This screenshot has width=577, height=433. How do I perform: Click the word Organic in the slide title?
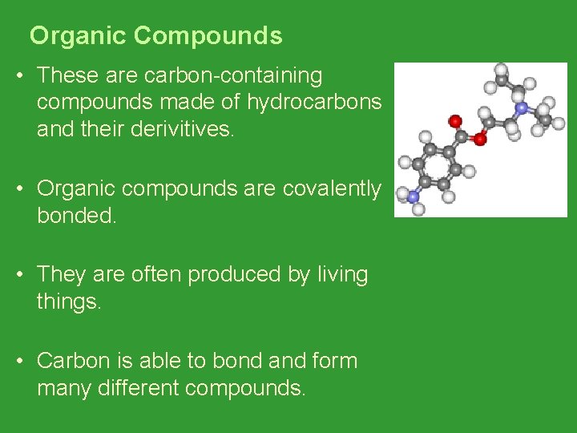[x=79, y=36]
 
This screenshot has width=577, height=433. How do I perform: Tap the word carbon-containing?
[x=233, y=76]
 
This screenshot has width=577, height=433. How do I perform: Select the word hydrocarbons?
[x=314, y=103]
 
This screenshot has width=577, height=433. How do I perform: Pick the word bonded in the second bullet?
[x=76, y=216]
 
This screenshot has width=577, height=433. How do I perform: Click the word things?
[x=69, y=301]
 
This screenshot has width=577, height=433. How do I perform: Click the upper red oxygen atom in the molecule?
[x=455, y=121]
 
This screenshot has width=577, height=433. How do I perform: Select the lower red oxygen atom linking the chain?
[x=480, y=139]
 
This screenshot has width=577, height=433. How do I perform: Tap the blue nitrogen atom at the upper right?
[x=522, y=107]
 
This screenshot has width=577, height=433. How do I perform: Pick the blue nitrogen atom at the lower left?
[x=414, y=196]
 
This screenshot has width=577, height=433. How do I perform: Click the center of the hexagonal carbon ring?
[x=438, y=168]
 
